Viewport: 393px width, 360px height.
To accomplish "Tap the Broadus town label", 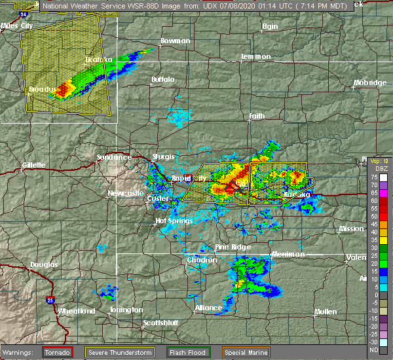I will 41,88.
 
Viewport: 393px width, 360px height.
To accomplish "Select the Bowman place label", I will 175,41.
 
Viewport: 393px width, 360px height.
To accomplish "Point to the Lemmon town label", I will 255,56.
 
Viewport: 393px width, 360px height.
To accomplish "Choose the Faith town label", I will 257,116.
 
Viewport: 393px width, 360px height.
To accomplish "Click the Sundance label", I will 109,157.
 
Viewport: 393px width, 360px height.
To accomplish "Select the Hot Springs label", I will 174,221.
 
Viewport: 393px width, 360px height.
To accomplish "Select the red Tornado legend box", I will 58,351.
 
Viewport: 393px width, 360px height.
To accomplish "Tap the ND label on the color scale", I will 373,350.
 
